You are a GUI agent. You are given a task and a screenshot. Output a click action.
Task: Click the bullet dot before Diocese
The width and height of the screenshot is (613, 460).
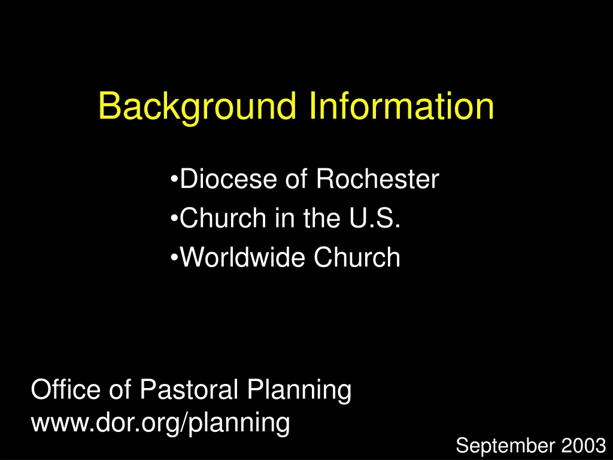tap(174, 179)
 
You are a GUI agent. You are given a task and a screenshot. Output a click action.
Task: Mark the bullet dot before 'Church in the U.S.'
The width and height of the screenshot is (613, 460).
tap(174, 219)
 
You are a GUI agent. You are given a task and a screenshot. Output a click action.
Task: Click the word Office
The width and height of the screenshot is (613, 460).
tap(66, 390)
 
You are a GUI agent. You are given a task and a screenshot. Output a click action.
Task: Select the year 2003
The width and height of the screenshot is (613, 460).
tap(584, 446)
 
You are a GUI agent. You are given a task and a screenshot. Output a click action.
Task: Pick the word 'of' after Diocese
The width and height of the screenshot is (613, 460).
tap(296, 179)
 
